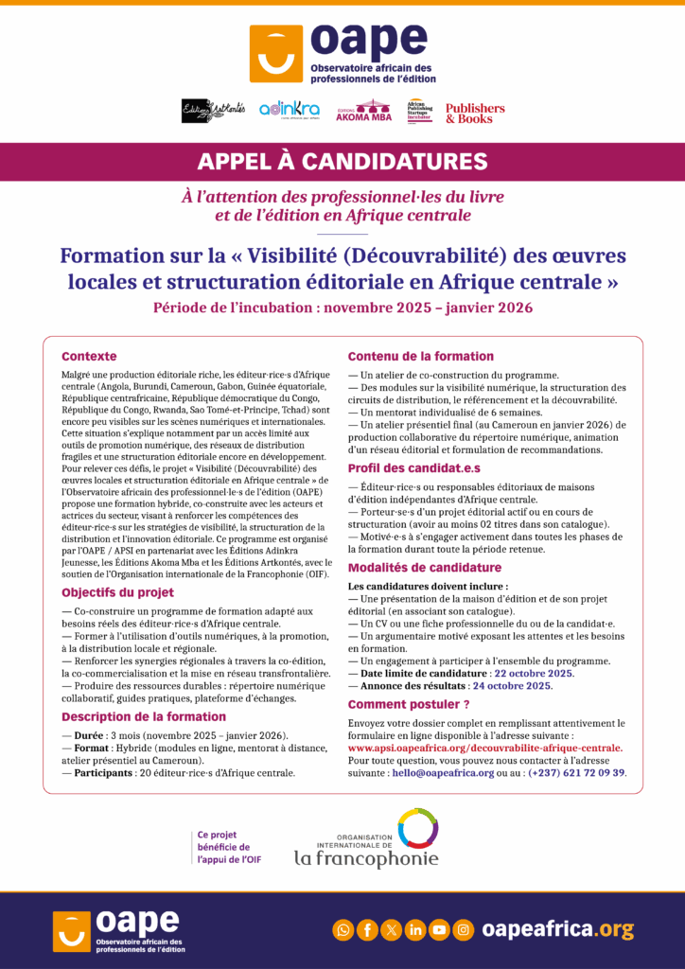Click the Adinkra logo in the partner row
289,110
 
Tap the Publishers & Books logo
475,113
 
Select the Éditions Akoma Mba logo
363,111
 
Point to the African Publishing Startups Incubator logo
419,112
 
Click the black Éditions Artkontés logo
213,111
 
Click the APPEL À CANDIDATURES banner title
342,161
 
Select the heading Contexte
89,357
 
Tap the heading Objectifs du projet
117,592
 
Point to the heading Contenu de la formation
421,357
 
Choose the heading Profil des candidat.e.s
415,467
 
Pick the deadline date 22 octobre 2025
535,673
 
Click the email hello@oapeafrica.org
445,773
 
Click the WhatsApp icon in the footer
342,930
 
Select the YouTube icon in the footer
439,930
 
